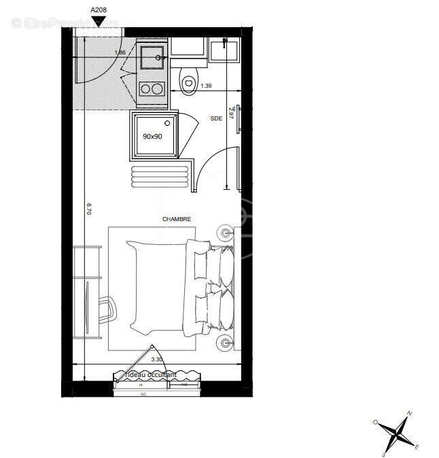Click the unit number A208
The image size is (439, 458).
tap(99, 10)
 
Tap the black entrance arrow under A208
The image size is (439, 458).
tap(99, 22)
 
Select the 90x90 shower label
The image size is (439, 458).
tap(152, 136)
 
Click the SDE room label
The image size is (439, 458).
tap(216, 118)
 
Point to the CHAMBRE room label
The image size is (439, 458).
tap(177, 219)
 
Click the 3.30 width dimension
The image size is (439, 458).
tap(156, 359)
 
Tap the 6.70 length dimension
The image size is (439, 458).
tap(88, 208)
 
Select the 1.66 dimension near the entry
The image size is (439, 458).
tap(120, 52)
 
